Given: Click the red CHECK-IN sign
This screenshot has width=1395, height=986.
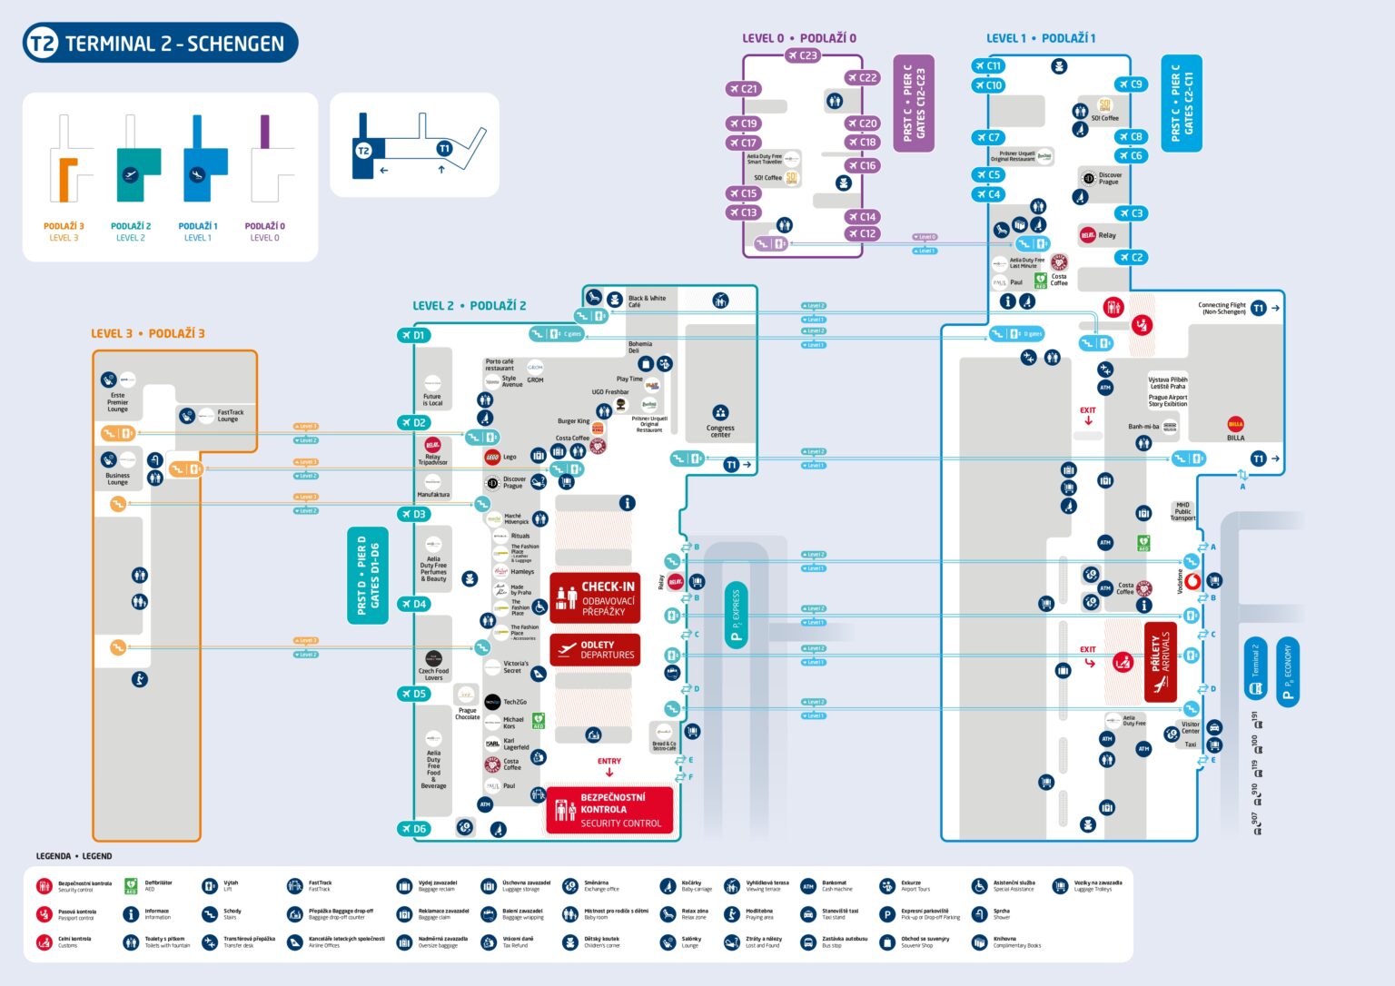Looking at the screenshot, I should coord(595,597).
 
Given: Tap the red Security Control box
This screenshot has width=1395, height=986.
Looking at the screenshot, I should coord(610,810).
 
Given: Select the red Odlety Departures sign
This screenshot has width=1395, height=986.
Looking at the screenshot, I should coord(595,650).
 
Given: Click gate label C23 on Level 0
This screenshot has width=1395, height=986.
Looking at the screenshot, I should coord(802,55).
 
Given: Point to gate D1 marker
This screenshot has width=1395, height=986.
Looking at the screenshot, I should coord(412,335).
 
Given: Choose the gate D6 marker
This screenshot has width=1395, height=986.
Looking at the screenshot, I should coord(412,828).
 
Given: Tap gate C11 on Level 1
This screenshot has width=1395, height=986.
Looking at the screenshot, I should coord(987,65).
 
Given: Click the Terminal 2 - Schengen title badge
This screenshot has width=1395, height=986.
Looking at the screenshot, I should coord(160,43).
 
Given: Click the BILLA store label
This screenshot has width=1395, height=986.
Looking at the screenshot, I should coord(1235,438).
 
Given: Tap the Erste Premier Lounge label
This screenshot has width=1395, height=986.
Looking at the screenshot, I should coord(118,401).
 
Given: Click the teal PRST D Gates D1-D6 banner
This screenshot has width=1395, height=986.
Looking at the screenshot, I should coord(368,576).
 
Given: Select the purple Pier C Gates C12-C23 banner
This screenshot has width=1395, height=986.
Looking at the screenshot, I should coord(914,103).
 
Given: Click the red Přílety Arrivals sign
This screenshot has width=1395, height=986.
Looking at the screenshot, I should coord(1160,663).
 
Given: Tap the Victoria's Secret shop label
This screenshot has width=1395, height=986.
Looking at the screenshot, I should coord(515,667).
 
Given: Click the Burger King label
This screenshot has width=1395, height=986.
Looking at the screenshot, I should coord(574,421).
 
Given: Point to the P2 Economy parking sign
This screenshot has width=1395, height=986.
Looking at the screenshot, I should coord(1287,671).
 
